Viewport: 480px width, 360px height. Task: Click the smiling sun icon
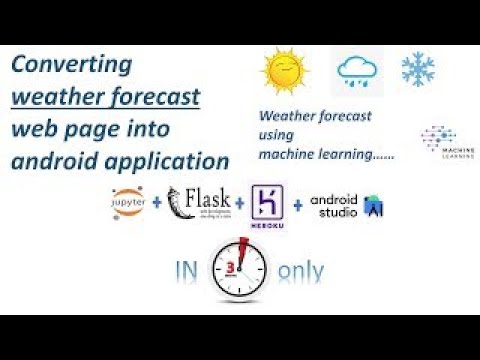pyautogui.click(x=282, y=72)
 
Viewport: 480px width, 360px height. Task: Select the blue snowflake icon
pyautogui.click(x=417, y=68)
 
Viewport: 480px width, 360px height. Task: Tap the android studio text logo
pyautogui.click(x=333, y=204)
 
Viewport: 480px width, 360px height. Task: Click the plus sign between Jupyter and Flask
pyautogui.click(x=157, y=206)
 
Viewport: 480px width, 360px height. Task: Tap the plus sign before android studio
pyautogui.click(x=297, y=206)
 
